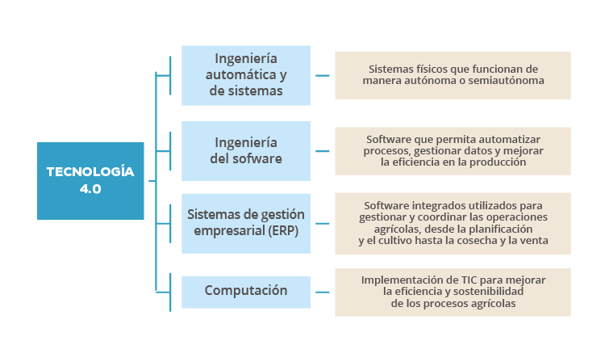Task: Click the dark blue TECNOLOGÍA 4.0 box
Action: coord(90,181)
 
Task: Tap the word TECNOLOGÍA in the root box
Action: coord(90,171)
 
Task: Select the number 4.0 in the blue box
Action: coord(90,189)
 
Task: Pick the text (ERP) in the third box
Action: coord(283,230)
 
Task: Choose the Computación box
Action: coord(246,292)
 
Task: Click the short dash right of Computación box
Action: coord(322,292)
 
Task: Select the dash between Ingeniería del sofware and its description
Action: coord(322,151)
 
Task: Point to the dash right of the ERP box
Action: coord(322,223)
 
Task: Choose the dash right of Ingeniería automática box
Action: coord(322,75)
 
